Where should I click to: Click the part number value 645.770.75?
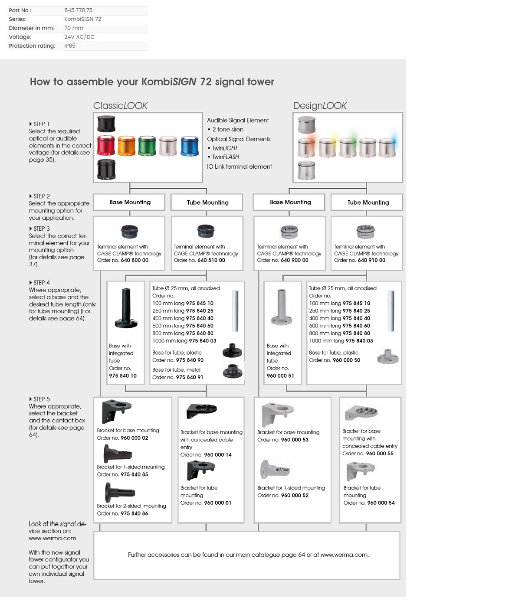coord(78,10)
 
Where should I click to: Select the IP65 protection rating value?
coord(70,46)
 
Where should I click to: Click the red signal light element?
coord(106,146)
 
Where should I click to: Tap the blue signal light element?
coord(190,146)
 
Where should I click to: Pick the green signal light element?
coord(147,146)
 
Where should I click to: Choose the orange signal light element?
coord(126,146)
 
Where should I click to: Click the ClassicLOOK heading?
coord(120,106)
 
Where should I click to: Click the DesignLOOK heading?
coord(320,106)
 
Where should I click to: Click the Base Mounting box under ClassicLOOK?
coord(129,202)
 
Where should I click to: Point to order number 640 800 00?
coord(135,260)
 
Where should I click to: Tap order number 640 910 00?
coord(371,260)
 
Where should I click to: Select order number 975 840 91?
coord(190,377)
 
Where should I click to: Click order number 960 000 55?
coord(380,454)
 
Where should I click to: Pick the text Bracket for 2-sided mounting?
coord(131,506)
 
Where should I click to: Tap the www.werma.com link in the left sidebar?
coord(52,538)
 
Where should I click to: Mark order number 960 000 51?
coord(280,376)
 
